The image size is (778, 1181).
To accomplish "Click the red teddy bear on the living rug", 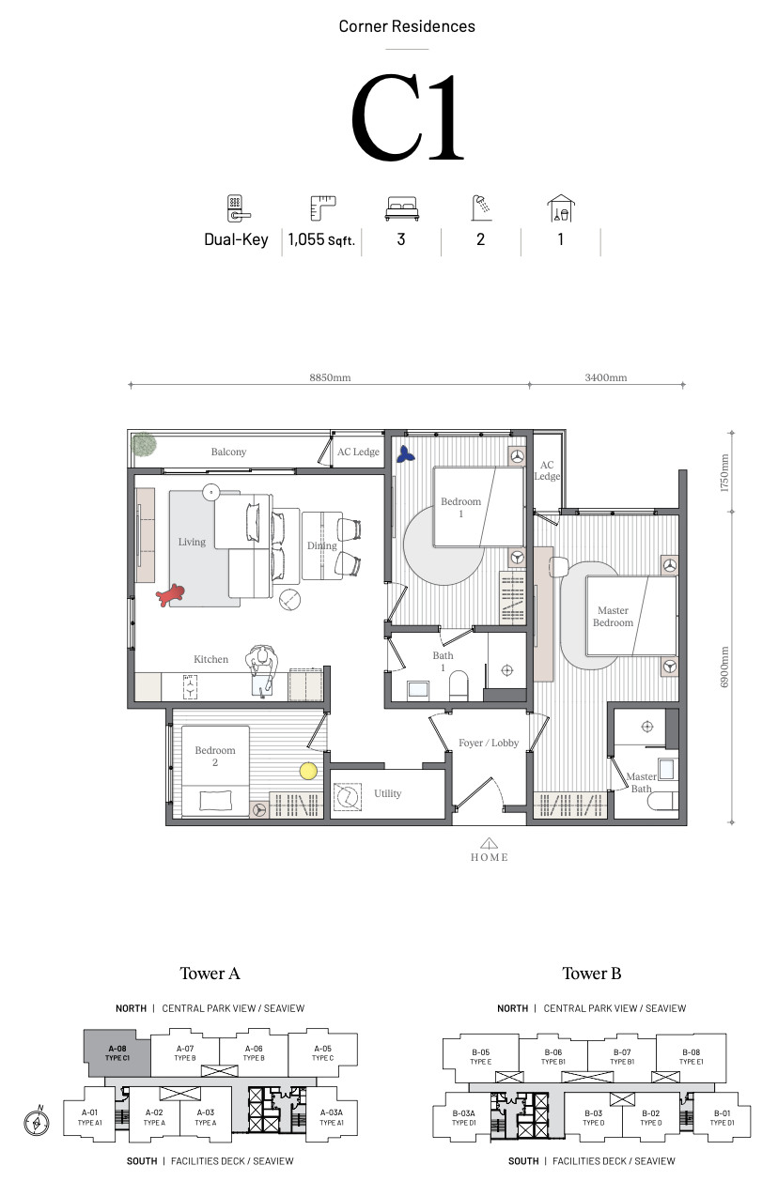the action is point(170,594).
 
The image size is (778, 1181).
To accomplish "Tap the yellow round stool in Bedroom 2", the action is point(308,772).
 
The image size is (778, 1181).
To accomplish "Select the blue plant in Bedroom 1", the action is point(405,454).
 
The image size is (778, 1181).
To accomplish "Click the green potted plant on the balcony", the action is point(144,444).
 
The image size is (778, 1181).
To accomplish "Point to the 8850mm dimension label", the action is point(330,377).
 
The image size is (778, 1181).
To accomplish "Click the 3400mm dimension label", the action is point(605,377).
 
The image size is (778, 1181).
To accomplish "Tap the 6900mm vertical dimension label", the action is point(724,667).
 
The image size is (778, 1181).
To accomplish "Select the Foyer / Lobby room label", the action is point(489,743).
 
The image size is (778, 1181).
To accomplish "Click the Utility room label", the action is point(387,793).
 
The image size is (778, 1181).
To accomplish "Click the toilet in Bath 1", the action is point(459,685).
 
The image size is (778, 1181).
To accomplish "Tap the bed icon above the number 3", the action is point(401,208).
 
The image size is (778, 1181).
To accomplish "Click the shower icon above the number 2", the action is point(481,207).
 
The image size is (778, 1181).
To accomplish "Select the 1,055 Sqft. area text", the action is point(321,240).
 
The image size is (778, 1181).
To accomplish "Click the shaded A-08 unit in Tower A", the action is point(117,1053).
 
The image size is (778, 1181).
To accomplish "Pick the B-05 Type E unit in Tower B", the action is point(480,1057).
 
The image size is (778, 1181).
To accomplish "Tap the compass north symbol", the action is point(37,1121).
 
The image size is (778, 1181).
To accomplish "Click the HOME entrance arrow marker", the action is point(489,842).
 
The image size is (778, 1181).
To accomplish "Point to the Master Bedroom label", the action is point(613,617).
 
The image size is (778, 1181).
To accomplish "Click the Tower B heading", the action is point(591,974).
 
